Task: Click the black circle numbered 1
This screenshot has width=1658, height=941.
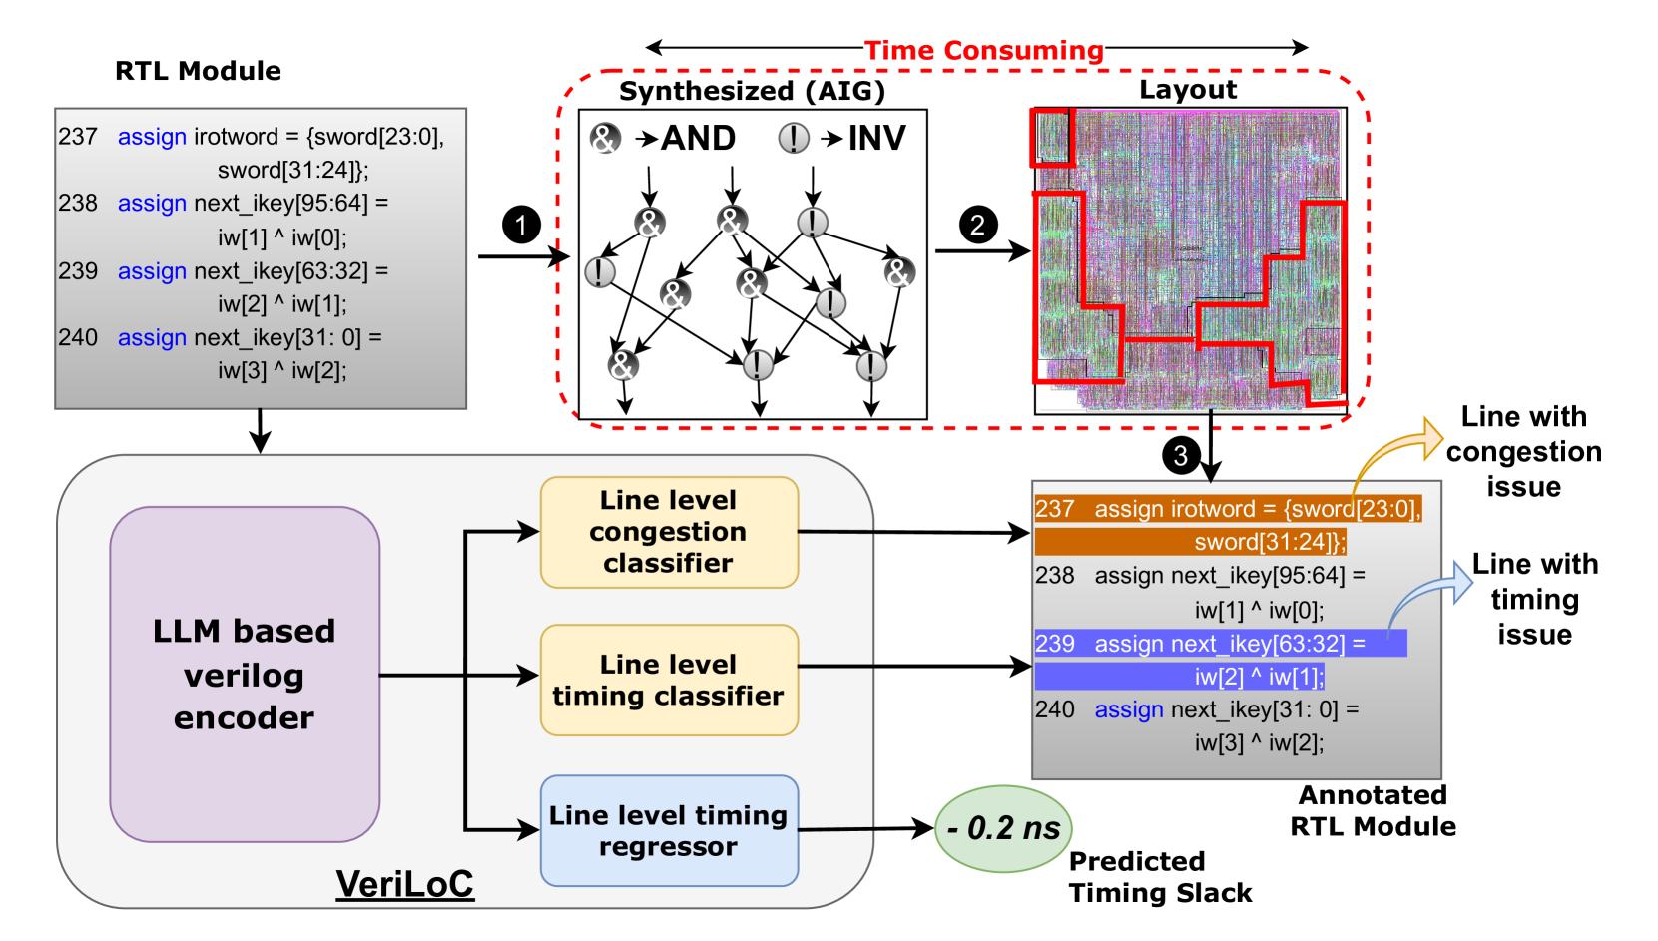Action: pyautogui.click(x=521, y=225)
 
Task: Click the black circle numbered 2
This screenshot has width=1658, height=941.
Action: pyautogui.click(x=978, y=225)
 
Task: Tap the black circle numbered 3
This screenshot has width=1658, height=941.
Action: pyautogui.click(x=1181, y=456)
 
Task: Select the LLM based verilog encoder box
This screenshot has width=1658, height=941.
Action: pyautogui.click(x=245, y=675)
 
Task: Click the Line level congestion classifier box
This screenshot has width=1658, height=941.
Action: pyautogui.click(x=669, y=532)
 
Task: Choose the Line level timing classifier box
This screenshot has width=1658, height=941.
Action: pyautogui.click(x=669, y=681)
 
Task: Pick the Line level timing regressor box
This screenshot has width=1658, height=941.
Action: pyautogui.click(x=669, y=831)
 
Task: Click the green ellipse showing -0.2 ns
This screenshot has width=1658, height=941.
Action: pyautogui.click(x=1003, y=828)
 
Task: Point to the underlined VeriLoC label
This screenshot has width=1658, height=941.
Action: pyautogui.click(x=404, y=884)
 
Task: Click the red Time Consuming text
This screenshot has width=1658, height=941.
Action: pyautogui.click(x=983, y=50)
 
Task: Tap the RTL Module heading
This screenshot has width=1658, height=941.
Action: pyautogui.click(x=198, y=71)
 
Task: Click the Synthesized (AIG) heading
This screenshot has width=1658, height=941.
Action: pyautogui.click(x=752, y=91)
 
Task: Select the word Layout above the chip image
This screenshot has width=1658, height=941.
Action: pyautogui.click(x=1188, y=90)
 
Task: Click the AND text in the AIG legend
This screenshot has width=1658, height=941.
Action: pyautogui.click(x=699, y=138)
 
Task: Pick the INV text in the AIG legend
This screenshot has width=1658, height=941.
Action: pyautogui.click(x=876, y=138)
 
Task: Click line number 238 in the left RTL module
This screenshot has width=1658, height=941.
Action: pyautogui.click(x=78, y=204)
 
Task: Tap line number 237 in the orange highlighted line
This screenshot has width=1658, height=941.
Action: pyautogui.click(x=1055, y=509)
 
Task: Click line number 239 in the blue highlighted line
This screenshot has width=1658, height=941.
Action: pyautogui.click(x=1055, y=644)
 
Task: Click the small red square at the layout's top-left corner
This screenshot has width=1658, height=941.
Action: pyautogui.click(x=1052, y=137)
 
